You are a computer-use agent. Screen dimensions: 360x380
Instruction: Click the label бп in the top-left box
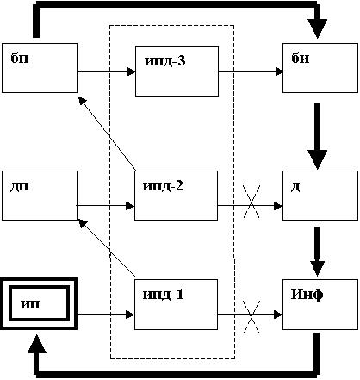tap(20, 59)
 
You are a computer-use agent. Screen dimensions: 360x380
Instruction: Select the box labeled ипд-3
tap(177, 71)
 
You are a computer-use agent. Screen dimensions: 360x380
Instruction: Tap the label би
tap(301, 59)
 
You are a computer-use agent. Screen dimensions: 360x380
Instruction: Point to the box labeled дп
tap(40, 196)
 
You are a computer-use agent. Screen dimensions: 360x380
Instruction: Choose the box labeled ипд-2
tap(176, 196)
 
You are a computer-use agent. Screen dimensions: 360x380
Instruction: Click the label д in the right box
tap(295, 187)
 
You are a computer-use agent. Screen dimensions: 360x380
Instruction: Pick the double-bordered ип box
tap(39, 303)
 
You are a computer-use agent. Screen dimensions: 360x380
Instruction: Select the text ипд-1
tap(163, 295)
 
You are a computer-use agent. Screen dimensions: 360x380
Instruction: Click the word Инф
tap(307, 295)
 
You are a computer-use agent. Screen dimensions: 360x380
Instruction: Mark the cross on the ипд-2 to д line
tap(251, 202)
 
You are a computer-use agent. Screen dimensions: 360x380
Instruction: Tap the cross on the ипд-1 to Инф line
tap(251, 316)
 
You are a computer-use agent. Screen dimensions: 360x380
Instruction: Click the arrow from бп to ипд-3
tap(106, 72)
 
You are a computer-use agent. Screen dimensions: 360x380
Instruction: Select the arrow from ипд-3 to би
tap(251, 72)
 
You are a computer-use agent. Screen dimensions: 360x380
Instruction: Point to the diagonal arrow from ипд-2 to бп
tap(107, 134)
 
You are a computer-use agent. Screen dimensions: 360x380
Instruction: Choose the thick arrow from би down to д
tap(317, 136)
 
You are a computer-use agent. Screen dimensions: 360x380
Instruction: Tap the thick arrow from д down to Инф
tap(317, 252)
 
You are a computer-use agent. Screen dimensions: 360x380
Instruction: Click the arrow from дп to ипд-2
tap(106, 206)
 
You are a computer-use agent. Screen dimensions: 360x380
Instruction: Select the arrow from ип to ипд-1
tap(106, 315)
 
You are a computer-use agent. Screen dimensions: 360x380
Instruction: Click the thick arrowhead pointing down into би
tap(317, 28)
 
